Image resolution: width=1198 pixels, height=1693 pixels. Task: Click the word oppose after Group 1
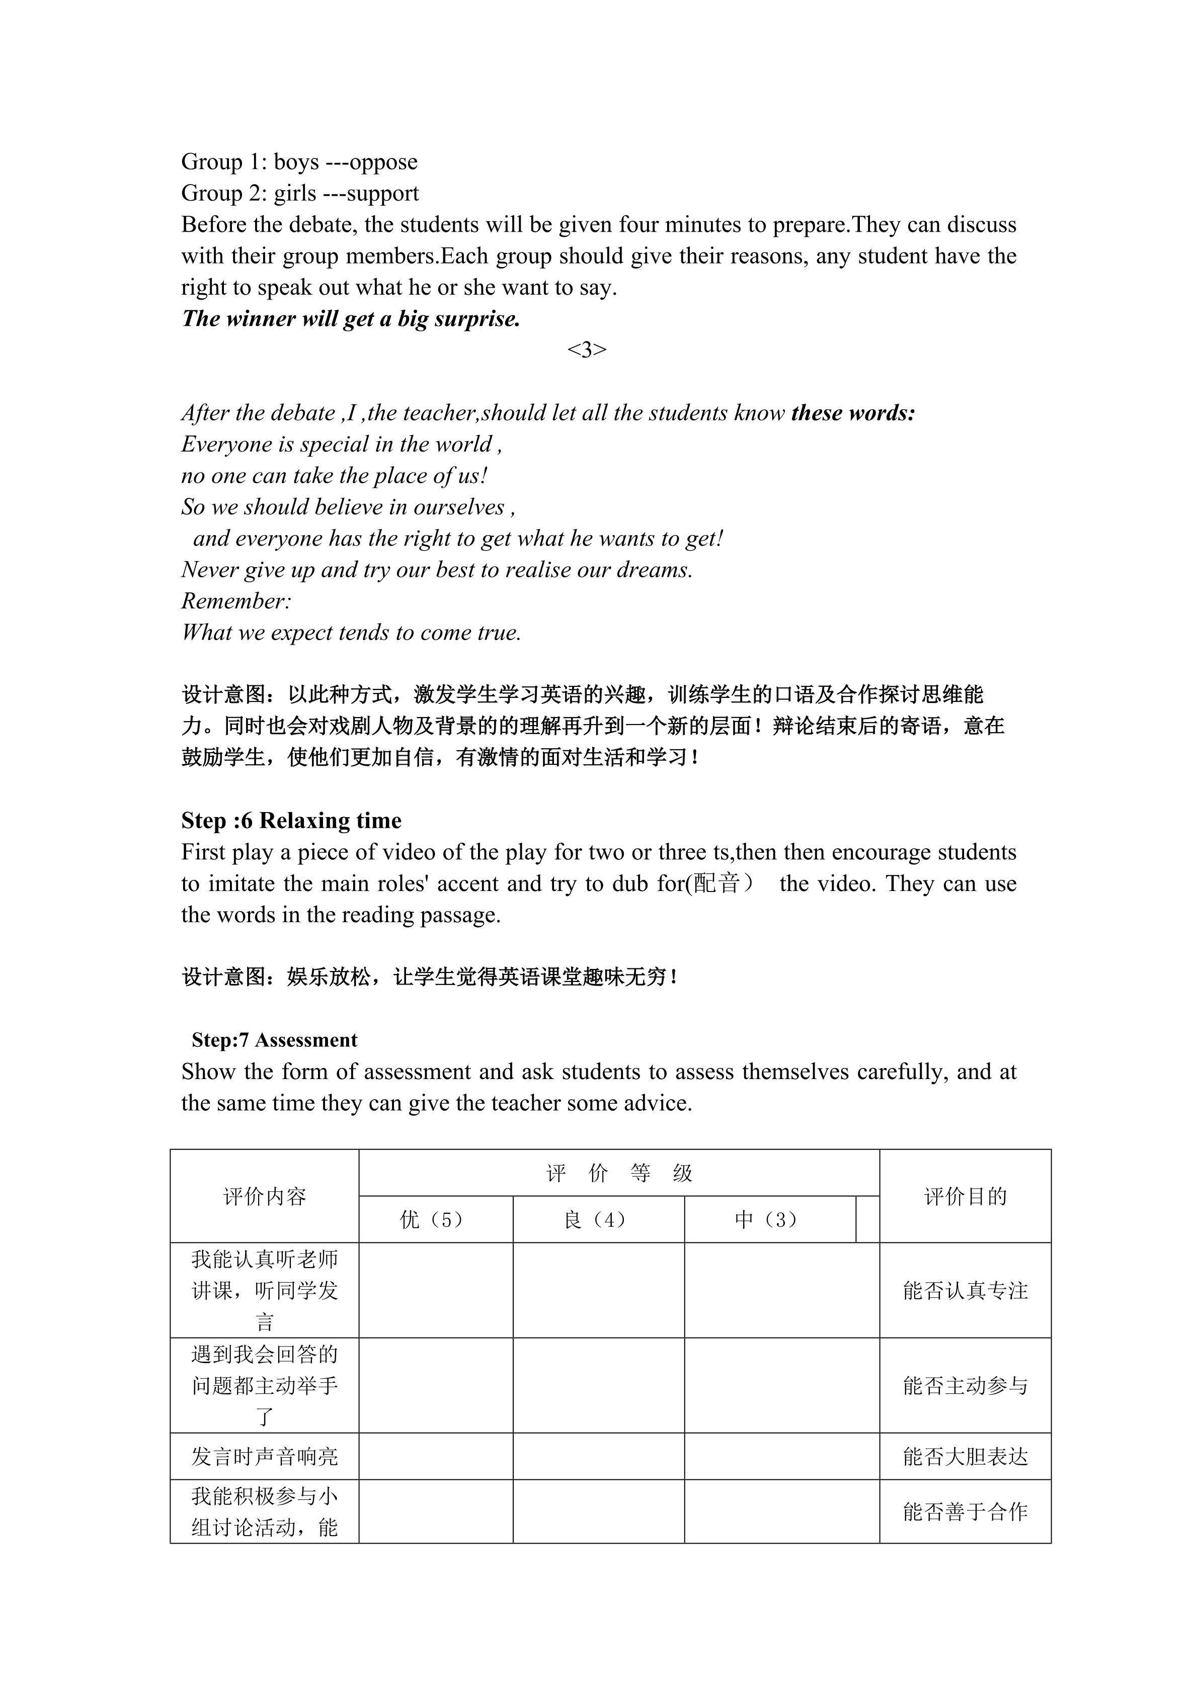383,162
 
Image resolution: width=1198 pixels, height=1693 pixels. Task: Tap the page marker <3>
587,349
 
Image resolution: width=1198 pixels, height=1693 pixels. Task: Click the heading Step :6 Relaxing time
291,821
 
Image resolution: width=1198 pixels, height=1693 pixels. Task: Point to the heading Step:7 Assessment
274,1040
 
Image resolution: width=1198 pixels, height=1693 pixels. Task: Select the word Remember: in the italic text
236,601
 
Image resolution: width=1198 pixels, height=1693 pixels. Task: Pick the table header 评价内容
264,1196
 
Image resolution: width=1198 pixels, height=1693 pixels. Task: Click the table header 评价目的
965,1196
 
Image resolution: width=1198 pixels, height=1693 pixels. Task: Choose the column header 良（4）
598,1220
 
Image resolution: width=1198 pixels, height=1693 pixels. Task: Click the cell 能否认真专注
965,1290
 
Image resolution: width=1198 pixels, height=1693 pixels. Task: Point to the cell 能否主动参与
965,1385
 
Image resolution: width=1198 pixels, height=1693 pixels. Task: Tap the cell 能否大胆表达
965,1456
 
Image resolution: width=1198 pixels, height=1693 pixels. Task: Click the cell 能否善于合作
965,1511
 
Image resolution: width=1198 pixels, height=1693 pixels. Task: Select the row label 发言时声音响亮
264,1456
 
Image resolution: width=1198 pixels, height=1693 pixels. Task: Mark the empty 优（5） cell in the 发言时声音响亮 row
435,1456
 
